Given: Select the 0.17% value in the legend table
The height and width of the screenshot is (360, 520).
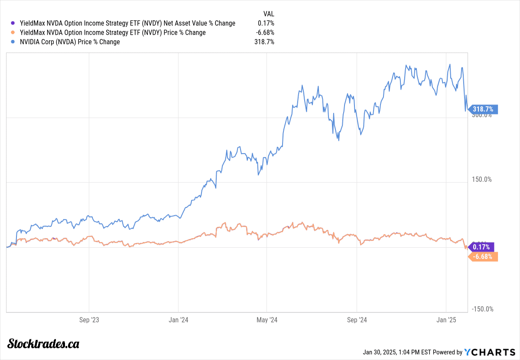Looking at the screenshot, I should (x=266, y=23).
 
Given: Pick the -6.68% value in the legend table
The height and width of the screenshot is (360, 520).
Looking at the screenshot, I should (x=264, y=33).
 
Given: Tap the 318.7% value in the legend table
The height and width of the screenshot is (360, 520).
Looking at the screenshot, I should (x=264, y=42).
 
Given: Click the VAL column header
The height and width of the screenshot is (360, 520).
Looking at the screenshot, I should (x=269, y=13).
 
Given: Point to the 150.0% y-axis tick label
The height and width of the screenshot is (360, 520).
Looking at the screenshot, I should (x=482, y=179).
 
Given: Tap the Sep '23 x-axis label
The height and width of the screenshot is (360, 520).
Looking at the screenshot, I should (x=88, y=320).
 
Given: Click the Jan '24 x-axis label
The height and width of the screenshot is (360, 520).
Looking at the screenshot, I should (x=178, y=320).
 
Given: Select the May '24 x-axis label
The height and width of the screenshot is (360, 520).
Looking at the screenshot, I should (x=267, y=320).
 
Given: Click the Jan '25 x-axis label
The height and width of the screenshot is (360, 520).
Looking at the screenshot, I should (x=446, y=320).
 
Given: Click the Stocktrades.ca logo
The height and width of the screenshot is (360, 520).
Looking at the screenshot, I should (x=43, y=344).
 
